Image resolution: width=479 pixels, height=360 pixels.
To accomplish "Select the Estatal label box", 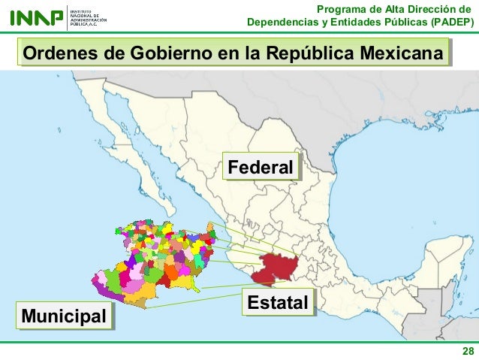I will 278,304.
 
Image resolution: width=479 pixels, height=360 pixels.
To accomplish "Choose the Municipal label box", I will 64,316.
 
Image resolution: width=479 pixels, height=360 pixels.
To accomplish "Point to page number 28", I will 467,352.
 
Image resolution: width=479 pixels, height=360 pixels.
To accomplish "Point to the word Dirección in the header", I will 443,8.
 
